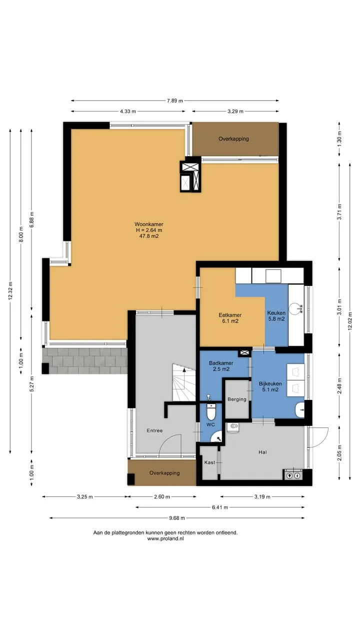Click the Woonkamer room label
(149, 224)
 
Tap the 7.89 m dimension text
(175, 100)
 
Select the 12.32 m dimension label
(10, 290)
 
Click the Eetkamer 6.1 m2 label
(230, 318)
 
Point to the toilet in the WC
(211, 411)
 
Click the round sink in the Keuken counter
(295, 308)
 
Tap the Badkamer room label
(221, 363)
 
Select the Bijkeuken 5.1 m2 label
(270, 386)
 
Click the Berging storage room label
(237, 399)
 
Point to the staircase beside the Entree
(184, 382)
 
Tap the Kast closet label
(209, 462)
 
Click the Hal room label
(262, 452)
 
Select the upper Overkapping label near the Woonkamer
(233, 139)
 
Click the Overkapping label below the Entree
(164, 473)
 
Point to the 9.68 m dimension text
(177, 518)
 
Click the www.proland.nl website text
(165, 538)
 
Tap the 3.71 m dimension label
(339, 212)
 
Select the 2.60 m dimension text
(162, 497)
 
